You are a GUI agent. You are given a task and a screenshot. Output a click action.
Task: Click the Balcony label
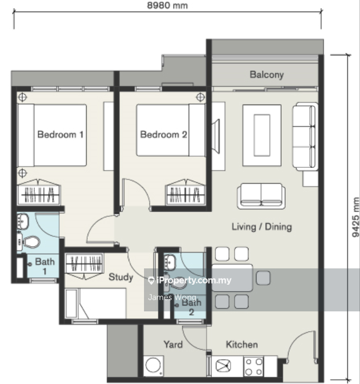click(x=267, y=75)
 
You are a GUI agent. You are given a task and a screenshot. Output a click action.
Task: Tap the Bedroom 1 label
click(x=60, y=134)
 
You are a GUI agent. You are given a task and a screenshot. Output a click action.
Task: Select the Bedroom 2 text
click(x=164, y=134)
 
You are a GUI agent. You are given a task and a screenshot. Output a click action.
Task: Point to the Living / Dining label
click(x=262, y=227)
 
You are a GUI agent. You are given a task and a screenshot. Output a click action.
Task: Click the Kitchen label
click(x=242, y=344)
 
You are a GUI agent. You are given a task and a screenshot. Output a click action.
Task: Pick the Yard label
click(x=173, y=344)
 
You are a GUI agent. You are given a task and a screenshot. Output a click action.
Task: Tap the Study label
click(x=121, y=277)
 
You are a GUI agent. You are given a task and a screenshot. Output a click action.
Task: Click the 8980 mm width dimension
click(x=167, y=5)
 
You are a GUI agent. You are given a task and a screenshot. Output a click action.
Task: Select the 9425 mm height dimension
click(x=355, y=217)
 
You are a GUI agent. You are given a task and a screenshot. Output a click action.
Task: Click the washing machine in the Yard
click(x=153, y=366)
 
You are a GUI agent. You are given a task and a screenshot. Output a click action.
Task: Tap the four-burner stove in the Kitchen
click(x=254, y=367)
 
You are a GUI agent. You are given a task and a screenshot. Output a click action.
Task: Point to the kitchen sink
click(x=223, y=366)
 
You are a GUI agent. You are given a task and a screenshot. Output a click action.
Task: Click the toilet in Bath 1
click(x=30, y=242)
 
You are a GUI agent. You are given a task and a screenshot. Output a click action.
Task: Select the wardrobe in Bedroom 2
click(x=185, y=192)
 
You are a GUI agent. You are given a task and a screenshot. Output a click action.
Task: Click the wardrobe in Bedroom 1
click(x=38, y=192)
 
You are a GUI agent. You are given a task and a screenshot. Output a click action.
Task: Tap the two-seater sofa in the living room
click(x=261, y=196)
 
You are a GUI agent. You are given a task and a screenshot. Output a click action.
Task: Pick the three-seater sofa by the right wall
click(x=305, y=137)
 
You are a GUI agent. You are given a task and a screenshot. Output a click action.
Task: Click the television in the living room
click(x=216, y=136)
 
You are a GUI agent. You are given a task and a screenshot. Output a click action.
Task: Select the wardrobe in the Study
click(x=84, y=266)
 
